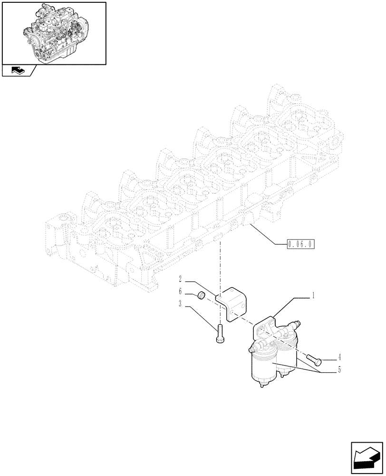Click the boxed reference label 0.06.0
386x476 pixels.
[301, 245]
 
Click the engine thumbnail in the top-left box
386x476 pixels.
[54, 32]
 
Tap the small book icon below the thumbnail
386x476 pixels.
[18, 71]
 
